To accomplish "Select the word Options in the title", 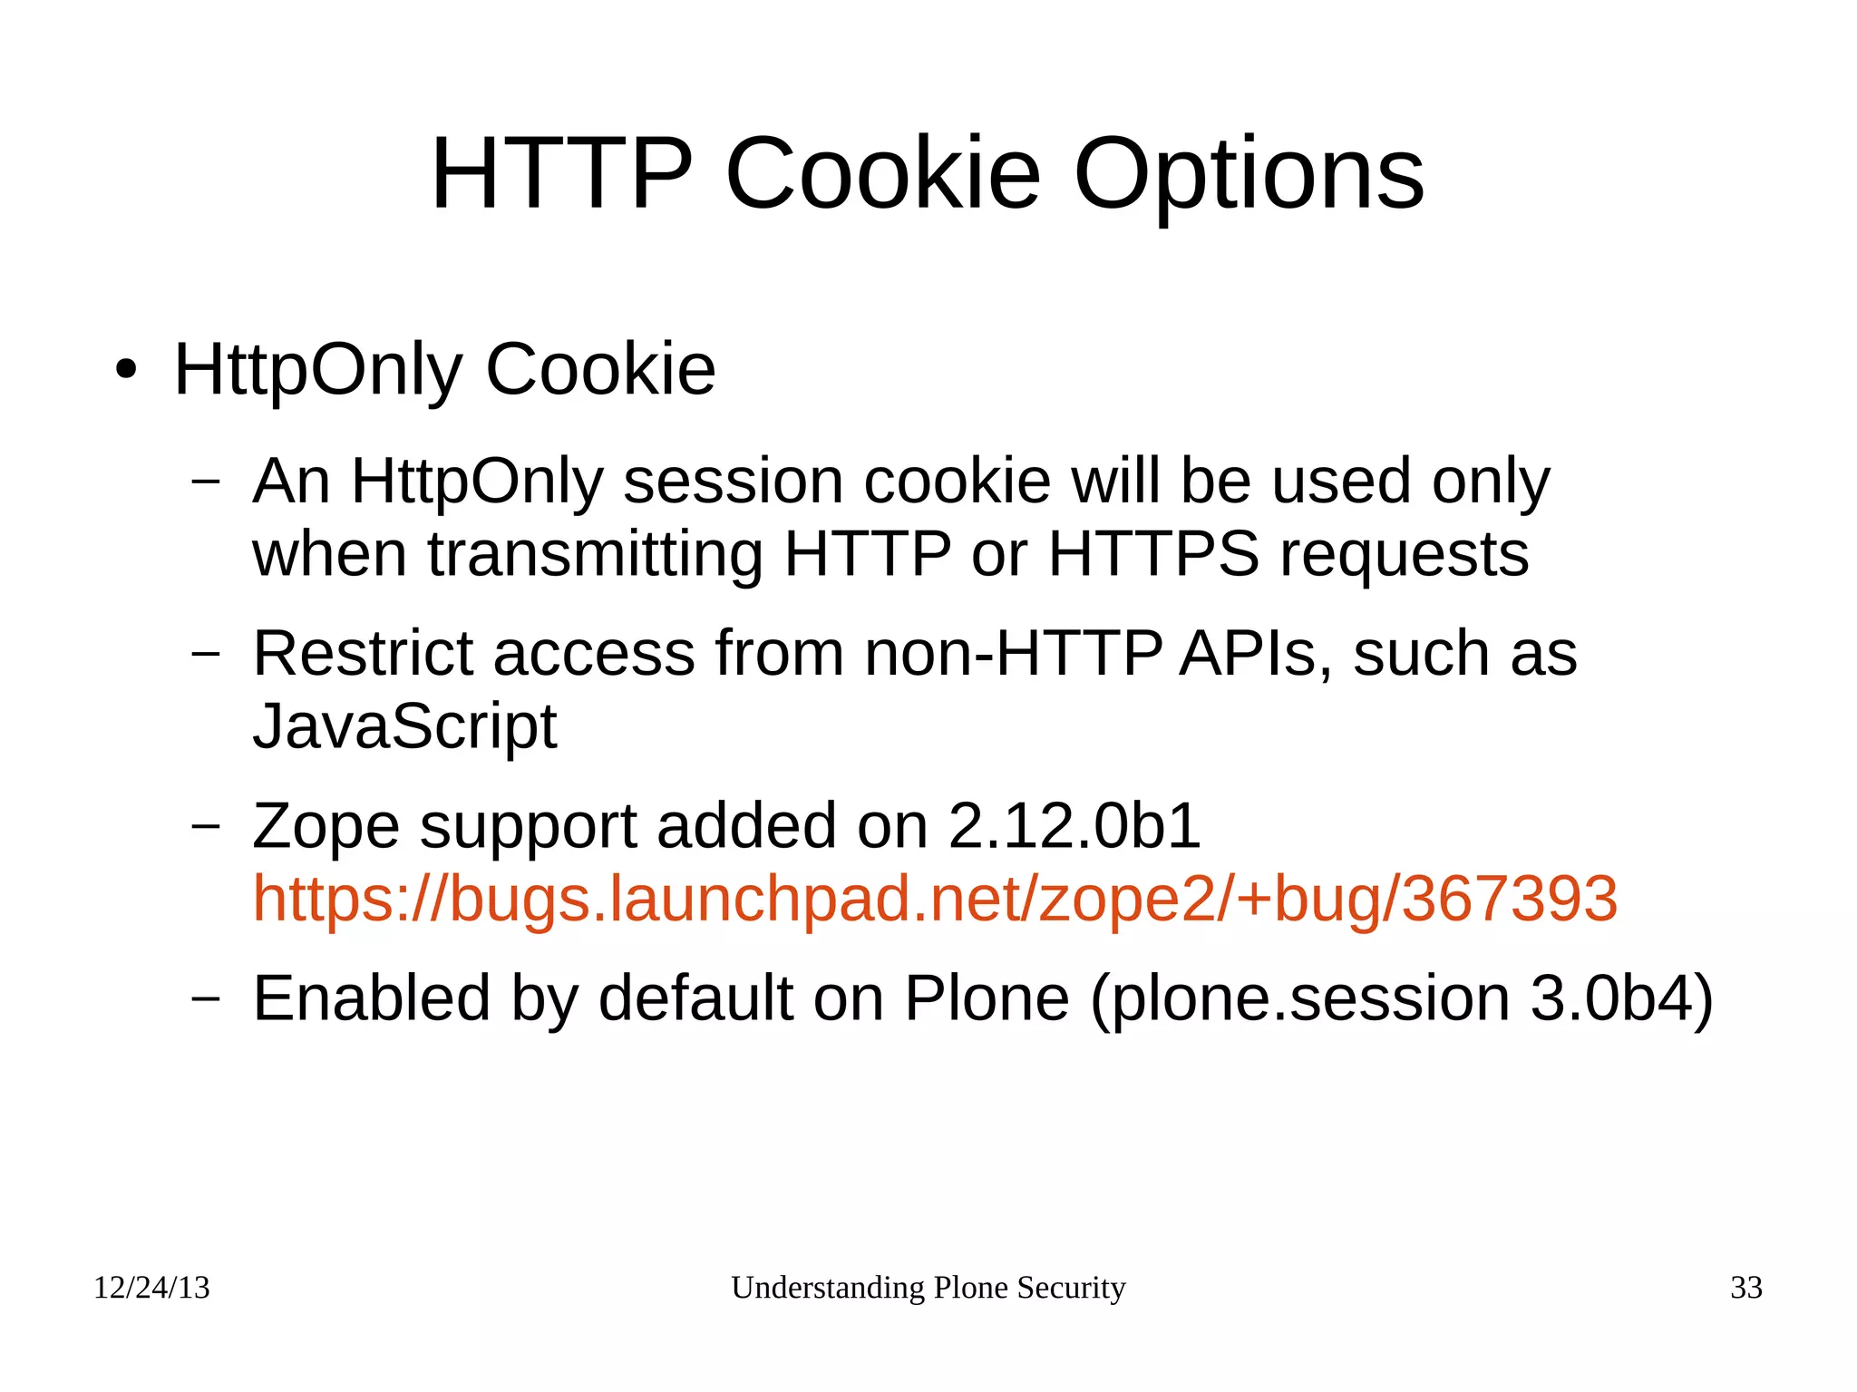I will pos(1249,174).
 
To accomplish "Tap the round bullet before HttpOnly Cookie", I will pos(126,370).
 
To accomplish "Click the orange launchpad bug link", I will pos(935,899).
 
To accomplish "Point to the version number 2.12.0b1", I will pos(1074,826).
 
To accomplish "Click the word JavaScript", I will pos(404,726).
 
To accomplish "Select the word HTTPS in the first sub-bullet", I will pos(1153,554).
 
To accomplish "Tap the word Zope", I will pos(326,826).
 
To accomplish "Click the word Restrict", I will pos(362,653).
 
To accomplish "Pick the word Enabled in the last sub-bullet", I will pos(371,998).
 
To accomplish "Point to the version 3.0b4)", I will pos(1621,998).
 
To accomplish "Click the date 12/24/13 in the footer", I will pos(151,1288).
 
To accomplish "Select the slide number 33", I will pos(1745,1288).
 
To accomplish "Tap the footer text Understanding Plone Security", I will pos(928,1288).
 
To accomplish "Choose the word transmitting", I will pos(595,554).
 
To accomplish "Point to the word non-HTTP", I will pos(1012,653).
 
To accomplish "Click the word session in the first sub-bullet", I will pos(733,481).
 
